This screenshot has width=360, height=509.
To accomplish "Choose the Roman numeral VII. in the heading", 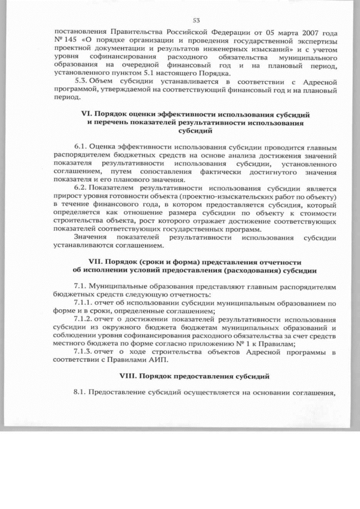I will point(98,262).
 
